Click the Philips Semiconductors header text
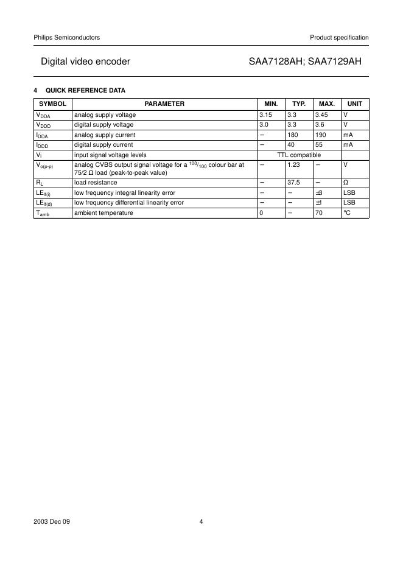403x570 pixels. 67,38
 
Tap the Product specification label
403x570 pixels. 339,38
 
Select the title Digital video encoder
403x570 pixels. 85,62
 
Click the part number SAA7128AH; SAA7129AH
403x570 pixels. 309,62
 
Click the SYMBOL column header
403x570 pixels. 52,104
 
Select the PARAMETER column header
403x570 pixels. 164,104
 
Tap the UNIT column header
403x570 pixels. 354,104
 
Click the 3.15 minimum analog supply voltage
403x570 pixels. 266,114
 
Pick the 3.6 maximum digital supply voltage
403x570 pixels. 320,125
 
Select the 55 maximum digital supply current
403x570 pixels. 319,145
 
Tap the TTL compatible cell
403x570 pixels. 299,155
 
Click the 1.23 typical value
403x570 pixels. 294,165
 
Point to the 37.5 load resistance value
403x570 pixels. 295,182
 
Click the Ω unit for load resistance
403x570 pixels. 346,182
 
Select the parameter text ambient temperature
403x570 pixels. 103,213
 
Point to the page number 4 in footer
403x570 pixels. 201,522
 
